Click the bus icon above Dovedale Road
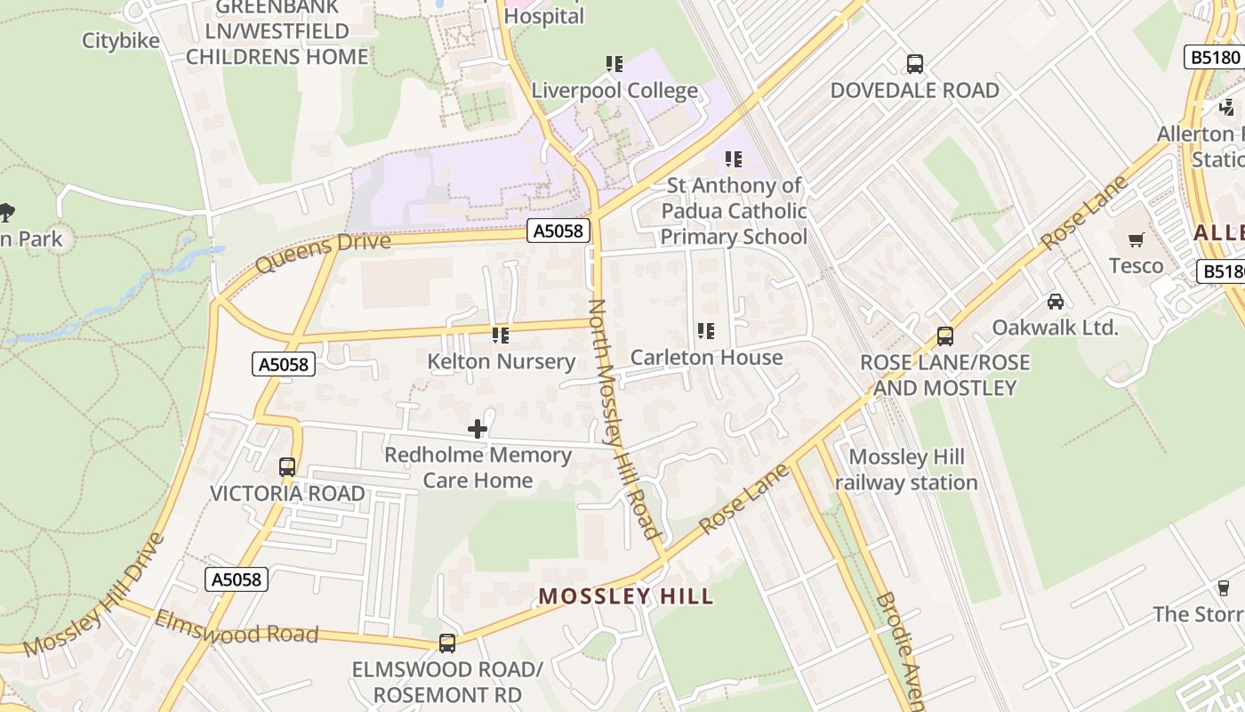pos(914,64)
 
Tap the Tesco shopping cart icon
pos(1136,239)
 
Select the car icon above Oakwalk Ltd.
pos(1056,301)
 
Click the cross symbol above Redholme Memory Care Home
pos(478,429)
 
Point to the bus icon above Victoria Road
pos(287,466)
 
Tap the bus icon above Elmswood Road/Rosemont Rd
pos(447,643)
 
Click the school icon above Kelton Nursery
pos(501,336)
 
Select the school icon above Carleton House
pos(706,331)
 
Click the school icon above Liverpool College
pos(614,64)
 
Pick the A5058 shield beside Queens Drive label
pos(558,231)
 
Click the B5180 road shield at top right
pos(1215,57)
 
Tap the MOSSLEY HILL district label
pos(626,596)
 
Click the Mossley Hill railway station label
pos(906,470)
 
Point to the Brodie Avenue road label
pos(901,649)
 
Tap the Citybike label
pos(121,41)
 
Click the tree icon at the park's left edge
pos(7,212)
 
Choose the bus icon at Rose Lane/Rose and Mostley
pos(945,336)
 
